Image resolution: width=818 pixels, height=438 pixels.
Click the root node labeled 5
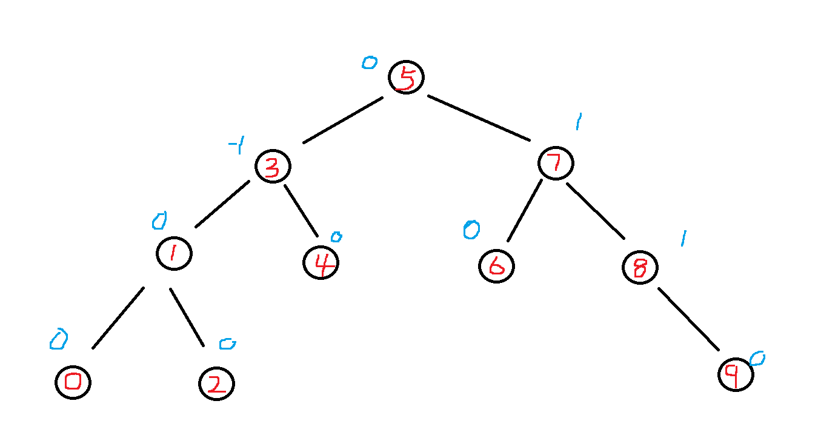(x=406, y=78)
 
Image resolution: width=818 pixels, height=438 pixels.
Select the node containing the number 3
(x=273, y=167)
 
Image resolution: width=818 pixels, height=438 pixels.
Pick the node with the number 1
(x=174, y=253)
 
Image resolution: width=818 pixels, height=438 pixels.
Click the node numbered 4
(x=321, y=262)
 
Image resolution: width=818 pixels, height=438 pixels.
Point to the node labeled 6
(x=496, y=267)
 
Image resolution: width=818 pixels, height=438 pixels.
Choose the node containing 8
(x=640, y=267)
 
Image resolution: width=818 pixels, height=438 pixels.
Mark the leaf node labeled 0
(x=73, y=382)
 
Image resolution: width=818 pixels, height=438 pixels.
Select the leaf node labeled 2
(x=216, y=384)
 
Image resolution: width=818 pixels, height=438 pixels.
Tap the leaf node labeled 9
(x=736, y=375)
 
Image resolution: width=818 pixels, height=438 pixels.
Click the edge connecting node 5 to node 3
(x=343, y=120)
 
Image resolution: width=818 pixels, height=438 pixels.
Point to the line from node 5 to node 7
(x=479, y=118)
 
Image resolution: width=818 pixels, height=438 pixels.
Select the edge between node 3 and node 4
(x=301, y=210)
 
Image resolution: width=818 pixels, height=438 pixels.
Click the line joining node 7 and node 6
(x=524, y=210)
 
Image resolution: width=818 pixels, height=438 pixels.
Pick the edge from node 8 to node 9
(x=688, y=319)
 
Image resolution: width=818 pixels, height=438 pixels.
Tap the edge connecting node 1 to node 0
(x=118, y=318)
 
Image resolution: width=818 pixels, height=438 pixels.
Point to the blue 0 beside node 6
(x=471, y=230)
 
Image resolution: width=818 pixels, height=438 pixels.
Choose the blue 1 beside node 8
(x=682, y=239)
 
